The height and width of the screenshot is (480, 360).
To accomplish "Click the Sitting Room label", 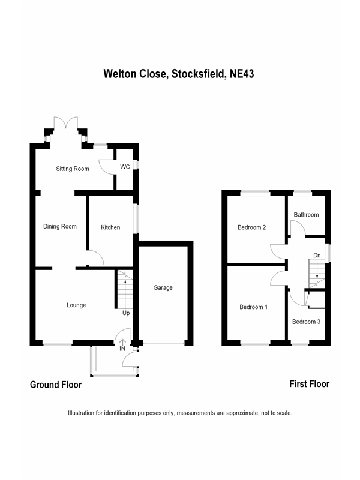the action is click(73, 169).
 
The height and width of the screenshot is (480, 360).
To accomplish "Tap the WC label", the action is click(125, 167).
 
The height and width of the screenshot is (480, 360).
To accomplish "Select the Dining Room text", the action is click(60, 227).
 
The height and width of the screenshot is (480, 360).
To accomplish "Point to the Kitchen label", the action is click(110, 227).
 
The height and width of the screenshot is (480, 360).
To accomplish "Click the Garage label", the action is click(163, 288).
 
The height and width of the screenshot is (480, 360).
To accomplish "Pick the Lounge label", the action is click(76, 305).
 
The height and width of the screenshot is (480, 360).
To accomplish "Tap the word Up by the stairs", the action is click(126, 313).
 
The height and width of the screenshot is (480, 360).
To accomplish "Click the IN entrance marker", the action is click(122, 348).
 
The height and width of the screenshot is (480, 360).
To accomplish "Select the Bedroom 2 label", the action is click(252, 227).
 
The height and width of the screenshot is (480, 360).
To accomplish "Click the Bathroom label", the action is click(306, 215).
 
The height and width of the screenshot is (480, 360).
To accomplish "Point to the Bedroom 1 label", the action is click(253, 307).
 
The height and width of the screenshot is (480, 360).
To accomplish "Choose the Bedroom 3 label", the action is click(306, 322).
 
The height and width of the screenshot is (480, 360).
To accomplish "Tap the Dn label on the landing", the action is click(317, 254).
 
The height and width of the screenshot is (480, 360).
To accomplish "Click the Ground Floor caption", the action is click(56, 385).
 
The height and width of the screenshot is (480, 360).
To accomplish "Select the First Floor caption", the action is click(309, 384).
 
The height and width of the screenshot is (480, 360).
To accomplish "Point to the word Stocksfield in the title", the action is click(199, 74).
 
